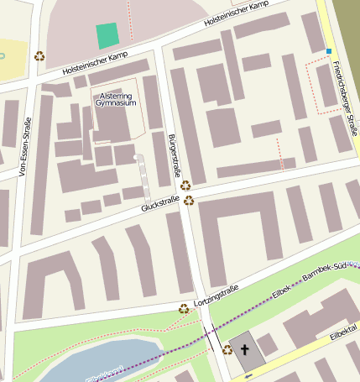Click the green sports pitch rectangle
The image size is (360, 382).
pos(107,36)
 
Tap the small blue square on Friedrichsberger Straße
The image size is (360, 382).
pos(329,51)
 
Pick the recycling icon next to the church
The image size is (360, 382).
pos(227,349)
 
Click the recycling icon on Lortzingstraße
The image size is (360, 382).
pos(184,308)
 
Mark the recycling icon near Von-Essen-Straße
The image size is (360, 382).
pos(39,56)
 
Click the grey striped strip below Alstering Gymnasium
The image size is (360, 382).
pos(143,172)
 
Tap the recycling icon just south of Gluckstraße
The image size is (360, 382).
pos(189,201)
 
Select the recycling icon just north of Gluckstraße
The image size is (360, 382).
pos(185,185)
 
